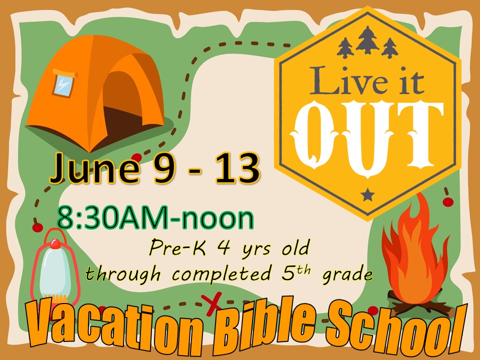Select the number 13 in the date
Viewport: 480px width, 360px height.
point(237,168)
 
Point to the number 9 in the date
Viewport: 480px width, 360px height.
point(164,168)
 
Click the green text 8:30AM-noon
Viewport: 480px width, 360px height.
point(155,218)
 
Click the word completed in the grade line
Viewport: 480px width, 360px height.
point(222,273)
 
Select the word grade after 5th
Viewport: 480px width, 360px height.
point(348,274)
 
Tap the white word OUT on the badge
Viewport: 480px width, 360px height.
point(367,137)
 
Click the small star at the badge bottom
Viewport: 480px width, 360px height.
point(367,194)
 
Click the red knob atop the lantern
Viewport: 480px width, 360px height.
point(55,243)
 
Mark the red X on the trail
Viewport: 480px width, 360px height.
point(211,303)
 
